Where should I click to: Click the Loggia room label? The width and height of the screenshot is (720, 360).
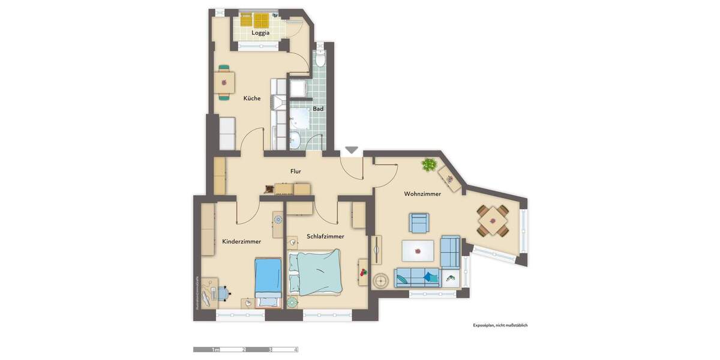[260, 33]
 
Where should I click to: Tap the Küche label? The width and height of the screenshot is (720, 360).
[252, 98]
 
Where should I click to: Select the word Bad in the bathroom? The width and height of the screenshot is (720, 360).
[318, 109]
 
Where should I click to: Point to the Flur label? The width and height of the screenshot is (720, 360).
[296, 172]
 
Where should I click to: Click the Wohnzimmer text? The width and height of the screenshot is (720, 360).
[422, 194]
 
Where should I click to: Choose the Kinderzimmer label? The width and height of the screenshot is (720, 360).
[241, 241]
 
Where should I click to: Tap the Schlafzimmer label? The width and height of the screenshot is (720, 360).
[325, 236]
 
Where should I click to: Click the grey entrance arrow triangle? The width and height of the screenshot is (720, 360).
[352, 150]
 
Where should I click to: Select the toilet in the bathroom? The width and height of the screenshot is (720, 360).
[321, 59]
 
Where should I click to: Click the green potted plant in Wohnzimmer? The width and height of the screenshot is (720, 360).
[429, 164]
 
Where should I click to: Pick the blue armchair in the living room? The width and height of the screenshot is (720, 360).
[419, 223]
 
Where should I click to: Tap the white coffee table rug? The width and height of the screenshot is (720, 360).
[418, 250]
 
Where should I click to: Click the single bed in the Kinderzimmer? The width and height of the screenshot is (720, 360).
[268, 278]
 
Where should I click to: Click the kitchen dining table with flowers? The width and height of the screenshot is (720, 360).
[224, 82]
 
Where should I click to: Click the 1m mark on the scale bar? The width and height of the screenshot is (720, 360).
[215, 349]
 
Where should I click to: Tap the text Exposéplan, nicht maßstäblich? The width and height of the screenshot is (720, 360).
[500, 325]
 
